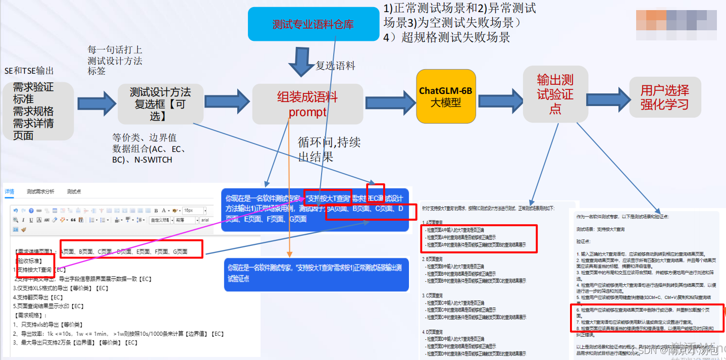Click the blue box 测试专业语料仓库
point(313,24)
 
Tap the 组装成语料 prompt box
point(307,104)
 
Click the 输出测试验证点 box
point(555,94)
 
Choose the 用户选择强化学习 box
point(664,97)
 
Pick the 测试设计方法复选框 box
point(160,104)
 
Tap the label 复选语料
point(335,66)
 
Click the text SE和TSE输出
point(29,71)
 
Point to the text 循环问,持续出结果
point(329,149)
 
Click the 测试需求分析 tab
point(40,192)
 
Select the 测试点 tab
point(74,192)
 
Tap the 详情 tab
point(10,192)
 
